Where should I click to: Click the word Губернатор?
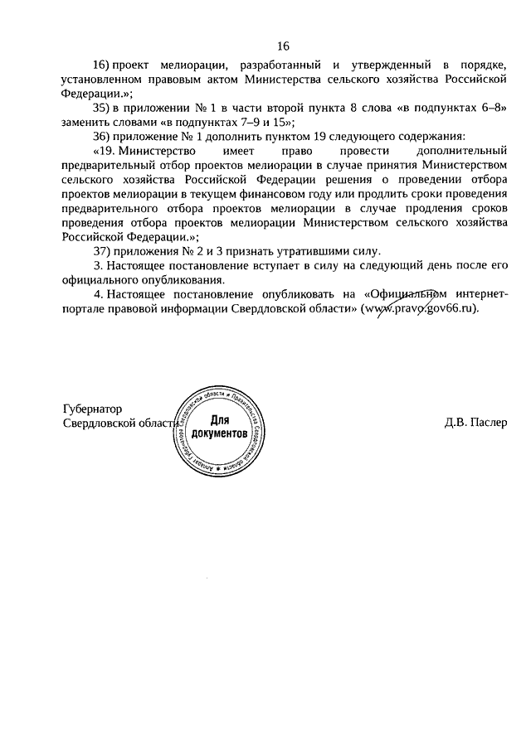(x=92, y=409)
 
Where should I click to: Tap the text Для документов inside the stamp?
(x=219, y=427)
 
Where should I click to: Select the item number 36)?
(x=105, y=134)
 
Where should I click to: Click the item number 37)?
(x=105, y=251)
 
